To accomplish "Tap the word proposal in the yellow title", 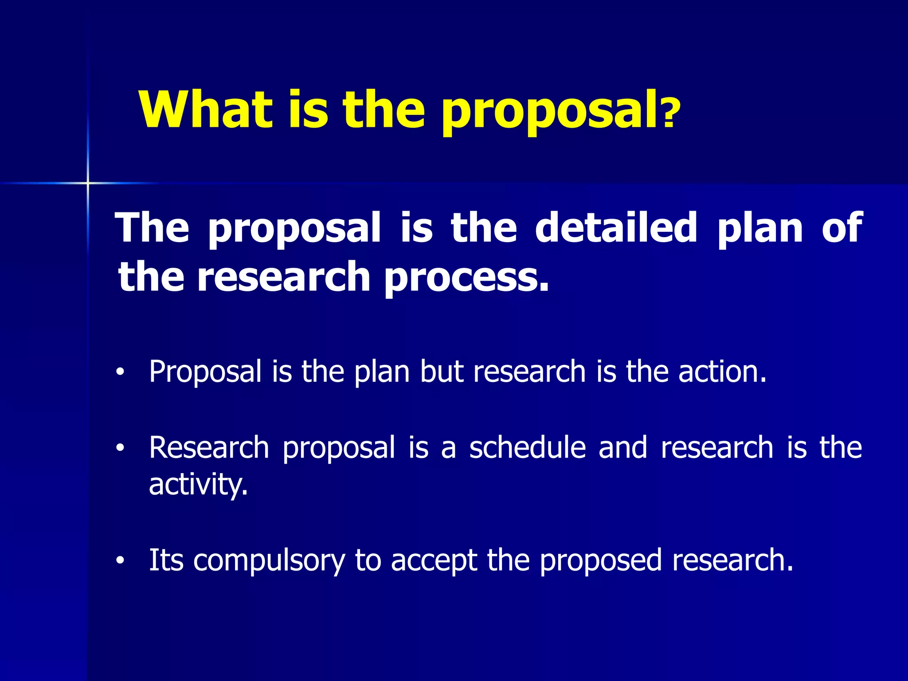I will (549, 111).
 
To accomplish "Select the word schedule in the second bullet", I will (528, 448).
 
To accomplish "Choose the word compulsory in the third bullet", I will (269, 561).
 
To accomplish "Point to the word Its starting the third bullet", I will (166, 560).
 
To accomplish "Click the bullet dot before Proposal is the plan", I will (119, 373).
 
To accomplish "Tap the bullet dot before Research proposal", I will (119, 449).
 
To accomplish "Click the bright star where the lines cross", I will (88, 183).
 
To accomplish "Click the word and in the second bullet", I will (623, 448).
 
